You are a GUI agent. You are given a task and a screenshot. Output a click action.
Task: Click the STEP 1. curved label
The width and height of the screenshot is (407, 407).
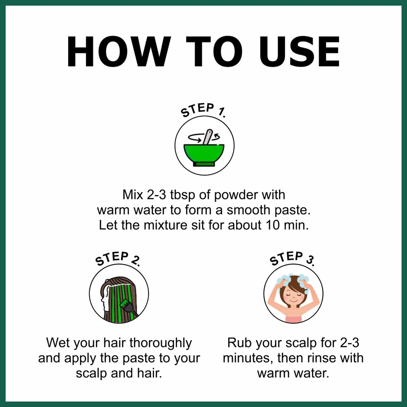[x=203, y=110]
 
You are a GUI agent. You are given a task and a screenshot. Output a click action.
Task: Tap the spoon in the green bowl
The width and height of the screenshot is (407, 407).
[x=207, y=137]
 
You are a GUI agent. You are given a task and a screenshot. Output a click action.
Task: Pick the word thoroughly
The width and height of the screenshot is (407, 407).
[x=161, y=343]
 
